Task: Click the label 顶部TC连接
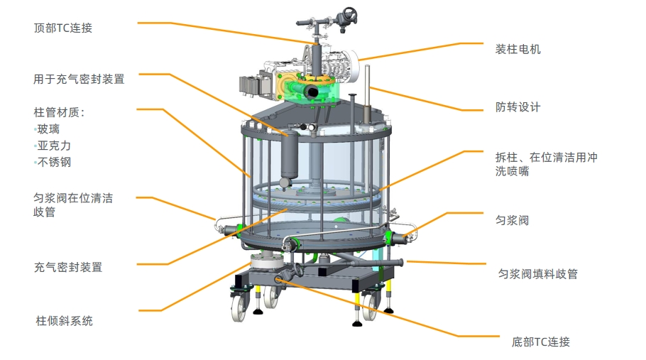coord(63,28)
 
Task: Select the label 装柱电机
coord(518,50)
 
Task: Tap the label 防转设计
coord(518,107)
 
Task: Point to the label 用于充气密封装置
coord(79,79)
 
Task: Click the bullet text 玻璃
coord(48,129)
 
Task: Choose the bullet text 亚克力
coord(54,146)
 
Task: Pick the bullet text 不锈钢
coord(54,163)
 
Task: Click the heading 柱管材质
coord(58,112)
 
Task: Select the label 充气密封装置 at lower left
coord(68,267)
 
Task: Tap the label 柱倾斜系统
coord(65,321)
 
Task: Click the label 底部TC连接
coord(541,342)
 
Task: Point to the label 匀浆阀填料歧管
coord(538,274)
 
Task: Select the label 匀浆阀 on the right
coord(512,220)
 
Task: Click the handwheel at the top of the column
coord(350,13)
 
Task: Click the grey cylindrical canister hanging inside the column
coord(290,155)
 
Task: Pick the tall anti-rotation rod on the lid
coord(367,94)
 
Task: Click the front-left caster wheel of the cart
coord(239,307)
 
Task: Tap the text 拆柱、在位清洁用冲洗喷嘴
coord(547,164)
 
